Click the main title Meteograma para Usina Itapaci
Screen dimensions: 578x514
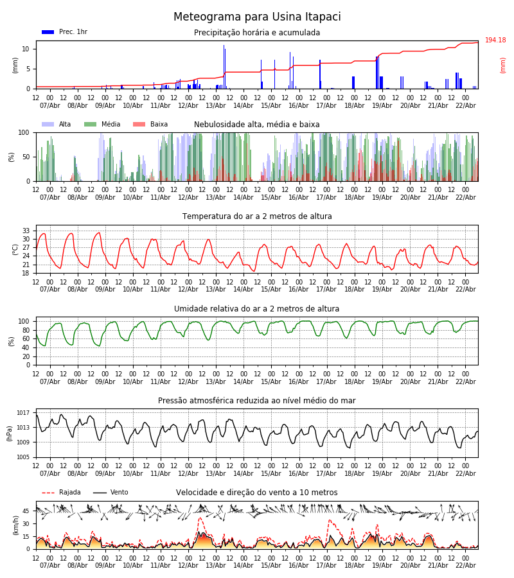click(257, 17)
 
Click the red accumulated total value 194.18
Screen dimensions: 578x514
click(495, 40)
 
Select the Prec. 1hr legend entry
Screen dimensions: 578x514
click(64, 32)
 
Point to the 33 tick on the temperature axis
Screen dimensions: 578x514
click(26, 231)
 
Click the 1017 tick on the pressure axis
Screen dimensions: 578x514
click(23, 413)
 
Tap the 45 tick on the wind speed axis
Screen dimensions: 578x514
click(26, 511)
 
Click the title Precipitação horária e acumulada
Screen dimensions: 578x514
click(257, 33)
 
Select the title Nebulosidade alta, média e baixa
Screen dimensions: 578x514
click(257, 125)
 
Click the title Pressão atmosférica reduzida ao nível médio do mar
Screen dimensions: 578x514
click(257, 401)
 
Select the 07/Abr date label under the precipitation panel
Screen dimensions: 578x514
click(50, 105)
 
